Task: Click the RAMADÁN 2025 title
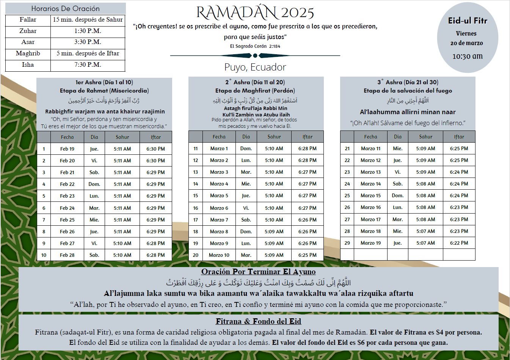coord(255,13)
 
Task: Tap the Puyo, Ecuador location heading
coord(255,67)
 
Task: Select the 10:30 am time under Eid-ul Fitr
coord(467,56)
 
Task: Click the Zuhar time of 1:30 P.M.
coord(88,31)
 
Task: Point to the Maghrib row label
coord(28,53)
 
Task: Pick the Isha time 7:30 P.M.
coord(88,65)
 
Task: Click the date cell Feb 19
coord(67,149)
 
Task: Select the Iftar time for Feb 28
coord(155,255)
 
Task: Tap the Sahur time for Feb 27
coord(122,244)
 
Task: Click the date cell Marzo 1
coord(219,149)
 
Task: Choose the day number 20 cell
coord(195,255)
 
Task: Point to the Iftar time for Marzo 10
coord(307,255)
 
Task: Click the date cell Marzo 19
coord(370,243)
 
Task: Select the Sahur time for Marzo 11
coord(425,149)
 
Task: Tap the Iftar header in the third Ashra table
coord(459,137)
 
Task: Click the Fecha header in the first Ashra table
coord(67,137)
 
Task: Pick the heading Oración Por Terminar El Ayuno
coord(258,272)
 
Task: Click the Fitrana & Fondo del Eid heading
coord(258,322)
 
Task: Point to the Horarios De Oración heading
coord(65,9)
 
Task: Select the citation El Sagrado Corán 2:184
coord(255,46)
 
